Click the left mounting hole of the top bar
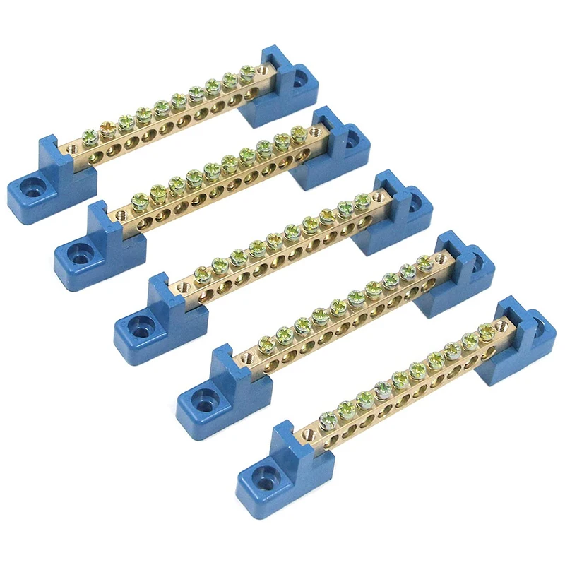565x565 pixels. point(29,189)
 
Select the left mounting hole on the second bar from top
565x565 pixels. point(76,251)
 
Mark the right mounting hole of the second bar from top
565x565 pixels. point(351,138)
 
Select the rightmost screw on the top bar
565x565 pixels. point(246,71)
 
